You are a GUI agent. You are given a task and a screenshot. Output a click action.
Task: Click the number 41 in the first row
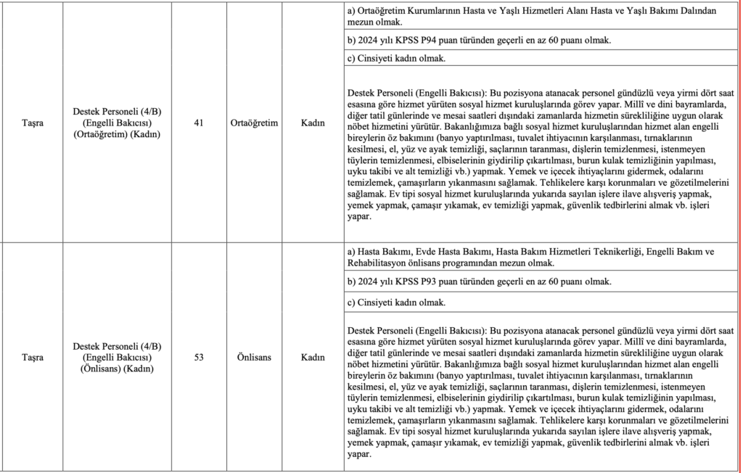198,123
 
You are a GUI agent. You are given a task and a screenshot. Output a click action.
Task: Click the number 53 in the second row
198,357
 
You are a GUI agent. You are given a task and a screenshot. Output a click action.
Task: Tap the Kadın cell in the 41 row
313,123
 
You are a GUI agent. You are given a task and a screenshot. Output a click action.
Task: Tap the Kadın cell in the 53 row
313,357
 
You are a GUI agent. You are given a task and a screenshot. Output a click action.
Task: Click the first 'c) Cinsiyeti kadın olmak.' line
397,58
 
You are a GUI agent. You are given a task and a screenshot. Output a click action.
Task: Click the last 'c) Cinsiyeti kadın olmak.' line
397,302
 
